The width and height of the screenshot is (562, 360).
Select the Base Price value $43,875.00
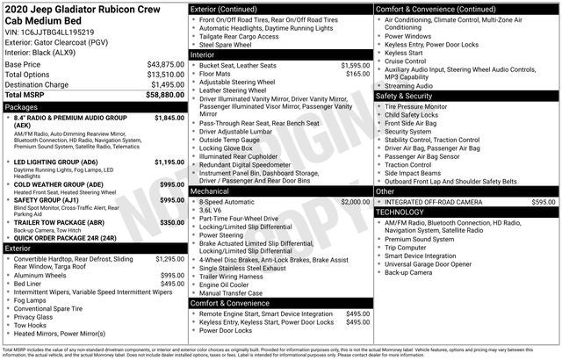pos(165,65)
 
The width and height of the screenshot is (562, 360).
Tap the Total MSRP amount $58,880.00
pos(165,95)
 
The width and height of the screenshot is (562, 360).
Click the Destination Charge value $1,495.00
pos(165,84)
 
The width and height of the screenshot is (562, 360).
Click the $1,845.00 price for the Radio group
pos(169,117)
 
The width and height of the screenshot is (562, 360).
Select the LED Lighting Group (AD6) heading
pos(56,162)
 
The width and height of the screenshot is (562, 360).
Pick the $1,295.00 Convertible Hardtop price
pos(169,259)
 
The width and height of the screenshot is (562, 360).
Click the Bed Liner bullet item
pos(27,284)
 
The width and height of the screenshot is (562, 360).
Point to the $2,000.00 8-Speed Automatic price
pos(355,201)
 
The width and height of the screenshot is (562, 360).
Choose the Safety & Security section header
pos(407,95)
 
